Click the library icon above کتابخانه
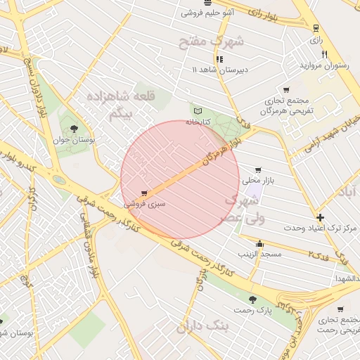[197, 111]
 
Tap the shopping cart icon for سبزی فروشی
[144, 193]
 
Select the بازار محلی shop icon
[259, 170]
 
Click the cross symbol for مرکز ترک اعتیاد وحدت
[321, 217]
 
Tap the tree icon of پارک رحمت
[262, 300]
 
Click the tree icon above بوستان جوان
[75, 128]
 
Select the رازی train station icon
[316, 29]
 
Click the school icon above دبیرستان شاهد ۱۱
[220, 60]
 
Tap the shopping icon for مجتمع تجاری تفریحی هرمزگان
[286, 90]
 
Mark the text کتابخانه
[198, 122]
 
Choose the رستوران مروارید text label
[325, 65]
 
